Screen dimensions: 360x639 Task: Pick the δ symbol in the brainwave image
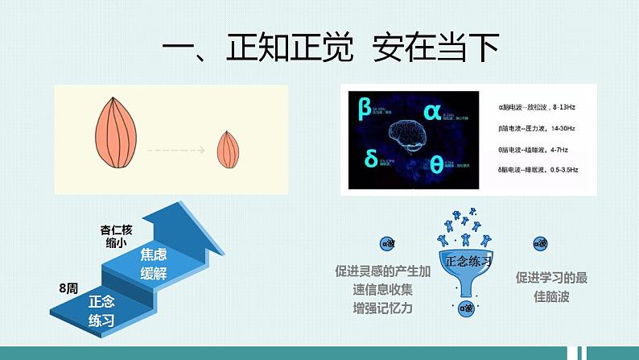pos(370,159)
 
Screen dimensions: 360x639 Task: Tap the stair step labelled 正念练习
pos(102,311)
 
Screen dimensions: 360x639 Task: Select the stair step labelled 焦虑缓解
pos(156,263)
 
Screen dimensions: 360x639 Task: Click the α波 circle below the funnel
pos(466,307)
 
